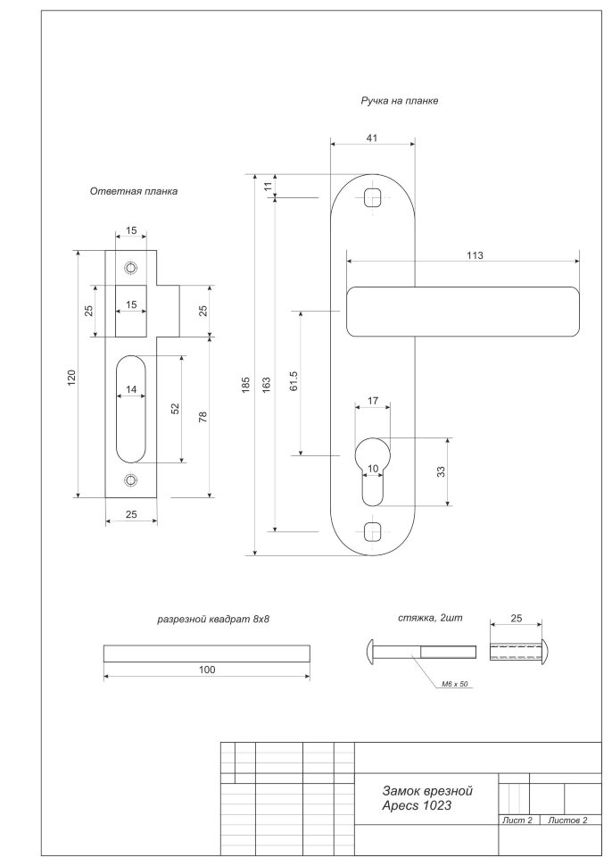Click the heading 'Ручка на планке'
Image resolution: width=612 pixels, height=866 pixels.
399,102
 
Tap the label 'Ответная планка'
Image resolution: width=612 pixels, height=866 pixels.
134,191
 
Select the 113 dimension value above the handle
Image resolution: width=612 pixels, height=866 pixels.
474,255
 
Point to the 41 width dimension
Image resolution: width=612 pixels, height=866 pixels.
372,137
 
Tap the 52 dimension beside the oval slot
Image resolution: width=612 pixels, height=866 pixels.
176,409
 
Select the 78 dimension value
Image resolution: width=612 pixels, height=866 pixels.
203,416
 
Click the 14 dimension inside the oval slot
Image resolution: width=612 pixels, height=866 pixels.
131,389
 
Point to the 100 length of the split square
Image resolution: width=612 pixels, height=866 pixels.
207,669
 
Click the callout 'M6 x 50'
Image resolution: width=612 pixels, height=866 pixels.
456,685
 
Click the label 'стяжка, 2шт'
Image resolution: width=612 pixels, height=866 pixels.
428,618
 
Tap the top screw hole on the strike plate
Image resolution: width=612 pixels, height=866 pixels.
131,267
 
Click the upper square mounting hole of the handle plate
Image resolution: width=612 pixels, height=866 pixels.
373,196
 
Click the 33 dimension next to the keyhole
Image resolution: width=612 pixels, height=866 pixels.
441,471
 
